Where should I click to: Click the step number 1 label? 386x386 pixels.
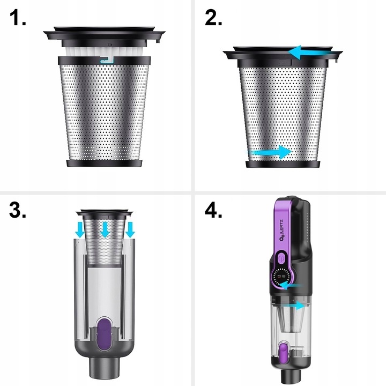click(18, 18)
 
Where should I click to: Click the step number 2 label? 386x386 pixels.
click(213, 18)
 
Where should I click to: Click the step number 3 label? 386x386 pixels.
click(18, 210)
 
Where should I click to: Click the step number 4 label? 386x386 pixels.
click(213, 210)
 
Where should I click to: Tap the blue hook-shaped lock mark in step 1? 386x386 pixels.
click(107, 60)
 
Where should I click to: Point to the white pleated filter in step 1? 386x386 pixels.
click(105, 51)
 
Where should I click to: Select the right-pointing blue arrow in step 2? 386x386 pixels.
click(270, 152)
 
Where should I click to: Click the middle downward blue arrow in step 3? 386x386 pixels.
click(106, 229)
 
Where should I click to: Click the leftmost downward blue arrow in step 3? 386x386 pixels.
click(80, 229)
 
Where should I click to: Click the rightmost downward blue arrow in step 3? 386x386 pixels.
click(130, 229)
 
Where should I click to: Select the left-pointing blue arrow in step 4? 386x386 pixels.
click(290, 286)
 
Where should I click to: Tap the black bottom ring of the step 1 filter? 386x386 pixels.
click(105, 163)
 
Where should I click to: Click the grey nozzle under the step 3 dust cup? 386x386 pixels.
click(105, 367)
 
